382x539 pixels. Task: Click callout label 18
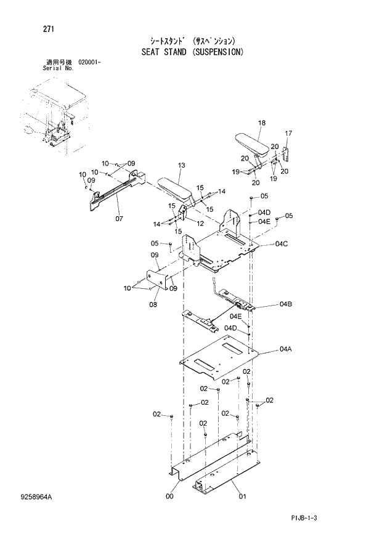point(261,123)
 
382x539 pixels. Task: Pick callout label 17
point(288,133)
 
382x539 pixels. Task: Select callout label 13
point(181,165)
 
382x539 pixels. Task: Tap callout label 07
point(120,218)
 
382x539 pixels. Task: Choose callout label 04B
point(285,304)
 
